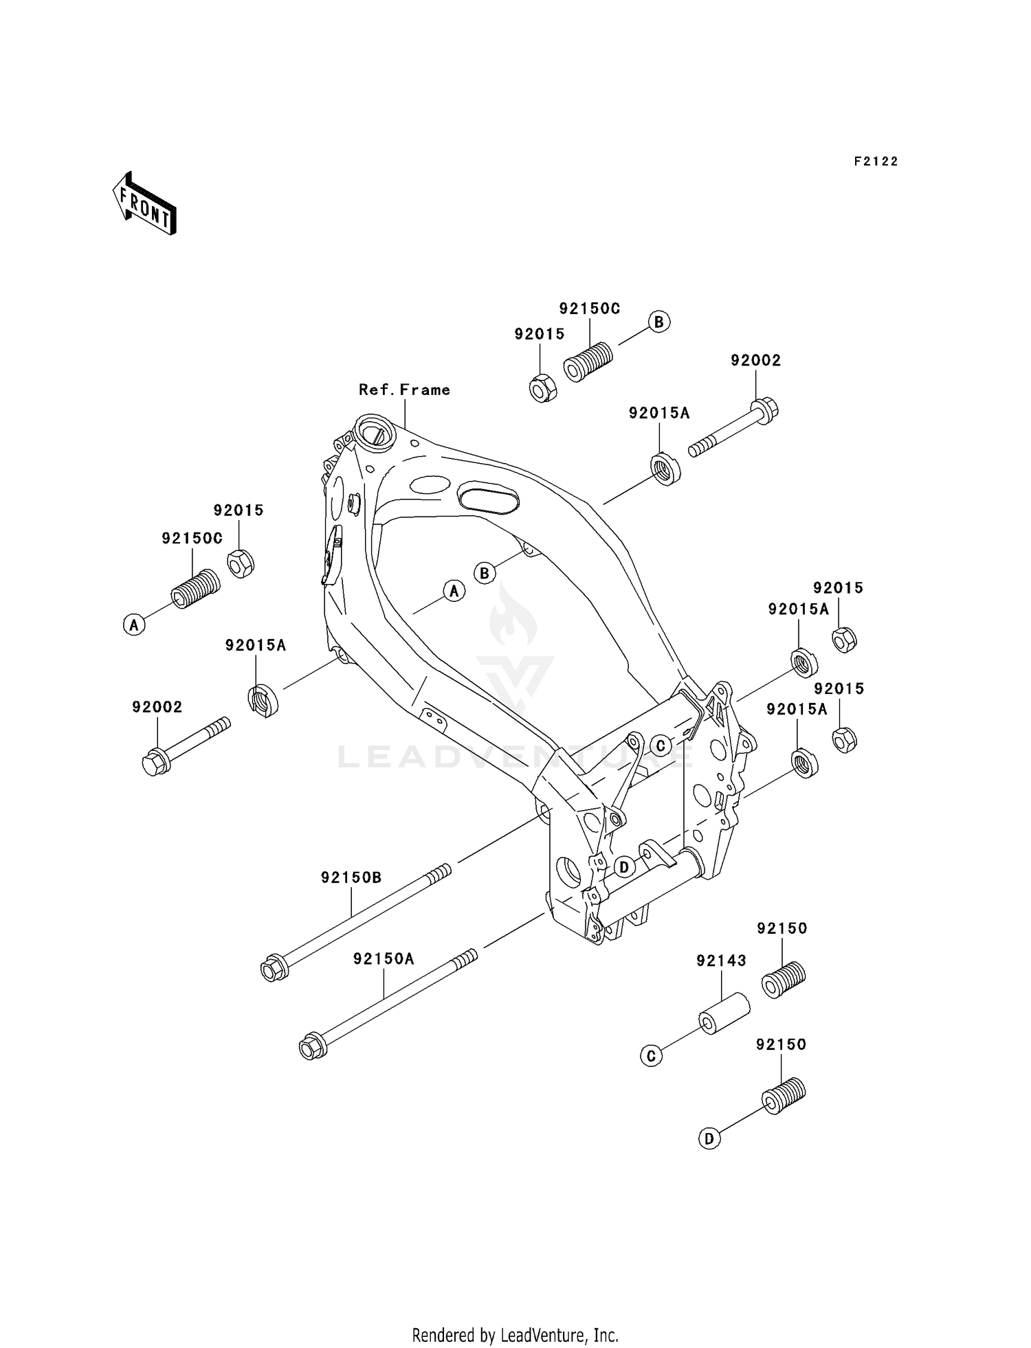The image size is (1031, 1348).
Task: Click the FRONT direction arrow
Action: pos(144,203)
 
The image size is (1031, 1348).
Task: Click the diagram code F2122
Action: pos(876,161)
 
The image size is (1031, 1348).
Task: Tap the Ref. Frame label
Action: pos(404,390)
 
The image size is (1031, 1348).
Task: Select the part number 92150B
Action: pos(351,877)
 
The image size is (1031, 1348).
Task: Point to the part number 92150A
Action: pos(384,958)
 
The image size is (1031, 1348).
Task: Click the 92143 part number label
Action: pos(721,961)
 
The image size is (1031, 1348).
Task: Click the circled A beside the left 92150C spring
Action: pos(134,625)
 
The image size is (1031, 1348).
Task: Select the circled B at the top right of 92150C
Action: pos(659,322)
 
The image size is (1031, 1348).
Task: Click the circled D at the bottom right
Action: pos(709,1138)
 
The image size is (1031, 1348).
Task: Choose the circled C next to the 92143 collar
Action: pos(651,1056)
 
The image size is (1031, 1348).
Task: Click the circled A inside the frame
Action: pos(454,590)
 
